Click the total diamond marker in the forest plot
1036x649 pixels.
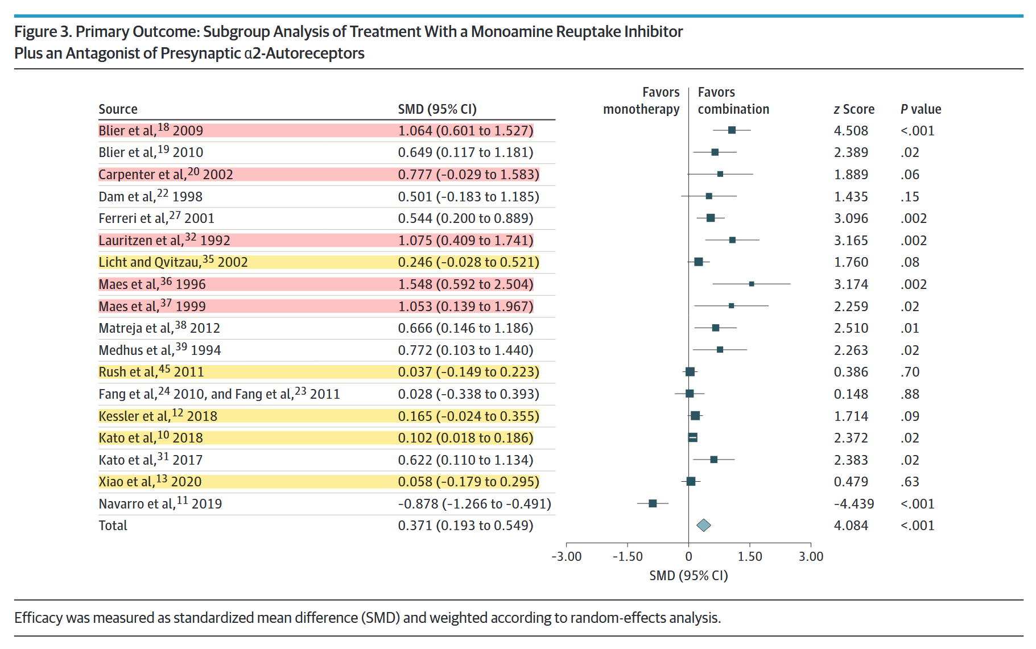(x=704, y=526)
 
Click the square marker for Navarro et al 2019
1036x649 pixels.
(x=653, y=503)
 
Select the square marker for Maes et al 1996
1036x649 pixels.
(x=752, y=284)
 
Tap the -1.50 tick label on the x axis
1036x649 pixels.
(x=628, y=556)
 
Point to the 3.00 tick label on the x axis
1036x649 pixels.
(x=811, y=556)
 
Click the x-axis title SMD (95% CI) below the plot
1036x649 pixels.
(x=688, y=576)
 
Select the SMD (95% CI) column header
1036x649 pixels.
(x=437, y=109)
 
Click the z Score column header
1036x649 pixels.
(x=854, y=109)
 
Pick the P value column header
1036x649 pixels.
(x=921, y=109)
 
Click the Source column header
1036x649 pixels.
(x=118, y=109)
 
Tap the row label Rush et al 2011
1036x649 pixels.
(x=151, y=372)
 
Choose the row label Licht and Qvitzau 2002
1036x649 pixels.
(x=173, y=262)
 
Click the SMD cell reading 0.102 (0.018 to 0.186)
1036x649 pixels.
(x=465, y=438)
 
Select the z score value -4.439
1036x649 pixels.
(x=854, y=504)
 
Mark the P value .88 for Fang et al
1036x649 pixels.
(x=910, y=394)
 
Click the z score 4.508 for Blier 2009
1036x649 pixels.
(x=851, y=131)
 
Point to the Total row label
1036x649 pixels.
(x=113, y=526)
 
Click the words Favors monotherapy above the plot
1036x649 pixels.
(x=641, y=101)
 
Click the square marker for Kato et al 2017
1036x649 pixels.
(x=714, y=460)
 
